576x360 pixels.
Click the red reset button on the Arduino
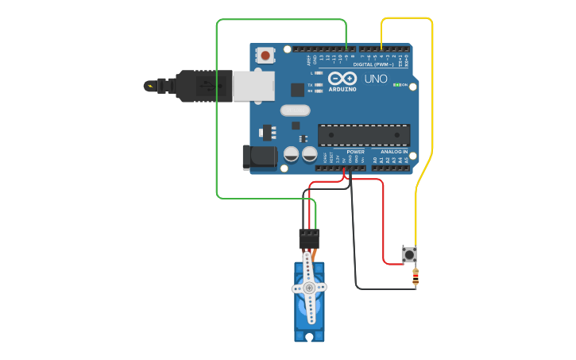point(265,56)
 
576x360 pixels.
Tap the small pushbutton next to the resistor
point(409,255)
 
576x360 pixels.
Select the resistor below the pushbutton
point(416,277)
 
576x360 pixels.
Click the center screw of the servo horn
point(308,288)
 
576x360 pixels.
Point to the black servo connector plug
point(309,238)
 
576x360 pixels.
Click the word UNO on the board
point(376,79)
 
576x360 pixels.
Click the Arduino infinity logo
point(342,79)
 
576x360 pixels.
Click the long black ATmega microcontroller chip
point(364,135)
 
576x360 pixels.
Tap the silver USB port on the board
point(253,86)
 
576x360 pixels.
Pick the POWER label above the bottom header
point(355,152)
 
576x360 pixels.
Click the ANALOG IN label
point(394,152)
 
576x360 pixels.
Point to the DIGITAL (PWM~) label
point(380,64)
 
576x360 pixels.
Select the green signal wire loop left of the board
point(216,111)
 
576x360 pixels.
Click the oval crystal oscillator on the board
point(295,111)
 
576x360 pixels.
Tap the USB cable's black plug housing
point(203,86)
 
